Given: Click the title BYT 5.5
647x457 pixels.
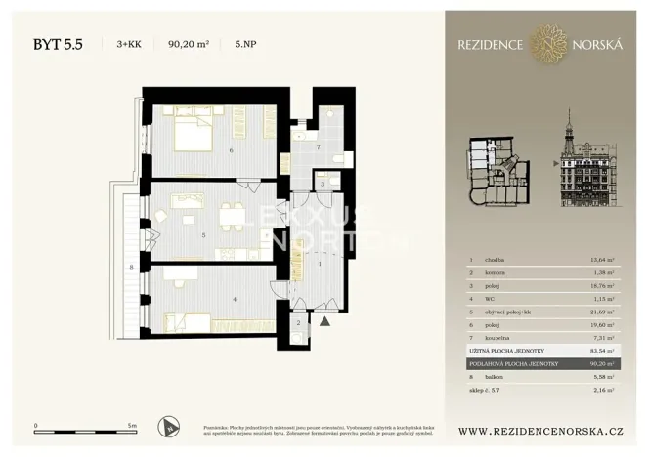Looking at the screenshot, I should pos(58,43).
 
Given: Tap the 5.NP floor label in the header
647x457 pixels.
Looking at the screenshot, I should pos(245,43).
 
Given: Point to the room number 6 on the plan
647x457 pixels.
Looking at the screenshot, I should pos(230,150).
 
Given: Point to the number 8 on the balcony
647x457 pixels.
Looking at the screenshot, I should pos(130,266).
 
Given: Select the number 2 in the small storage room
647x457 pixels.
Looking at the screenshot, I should pos(299,322).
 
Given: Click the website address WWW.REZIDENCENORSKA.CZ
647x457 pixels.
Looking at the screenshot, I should pos(539,430).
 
